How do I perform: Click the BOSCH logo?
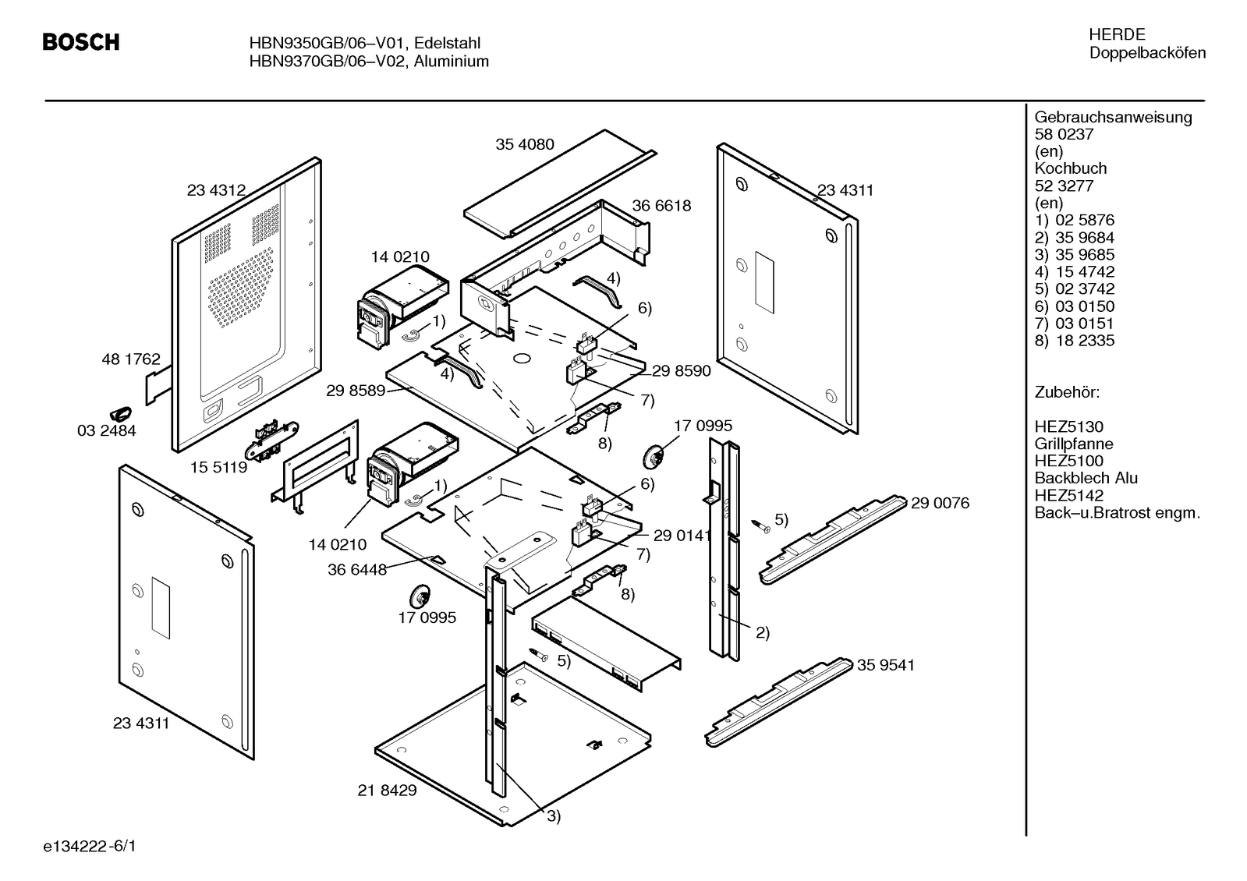pos(81,42)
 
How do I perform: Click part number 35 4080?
pos(525,144)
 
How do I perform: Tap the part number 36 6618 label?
pos(661,206)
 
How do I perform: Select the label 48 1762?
pos(131,359)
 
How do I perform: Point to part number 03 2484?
pos(107,430)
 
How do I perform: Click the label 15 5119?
pos(219,468)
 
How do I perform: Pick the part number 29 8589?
pos(356,391)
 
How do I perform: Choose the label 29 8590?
pos(682,371)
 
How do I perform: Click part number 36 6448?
pos(357,570)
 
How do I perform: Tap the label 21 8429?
pos(388,791)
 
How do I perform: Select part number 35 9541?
pos(886,665)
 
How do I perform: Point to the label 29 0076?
pos(941,504)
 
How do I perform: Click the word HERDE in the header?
pos(1117,35)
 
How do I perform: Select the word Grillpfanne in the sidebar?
pos(1074,444)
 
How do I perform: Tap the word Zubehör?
pos(1067,392)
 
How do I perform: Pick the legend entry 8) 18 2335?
pos(1075,341)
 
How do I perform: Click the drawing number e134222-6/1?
pos(90,846)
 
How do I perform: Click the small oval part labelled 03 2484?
pos(120,412)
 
